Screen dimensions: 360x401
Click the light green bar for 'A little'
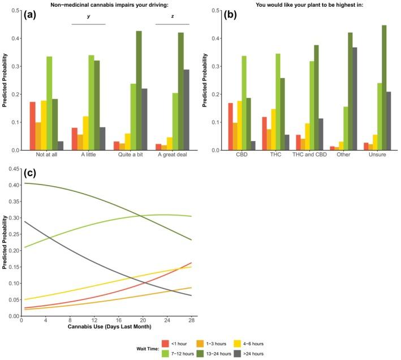pos(91,102)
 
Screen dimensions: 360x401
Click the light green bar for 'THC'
pos(294,102)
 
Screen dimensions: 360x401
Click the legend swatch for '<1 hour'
pos(166,343)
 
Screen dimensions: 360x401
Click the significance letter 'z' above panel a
pos(172,17)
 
